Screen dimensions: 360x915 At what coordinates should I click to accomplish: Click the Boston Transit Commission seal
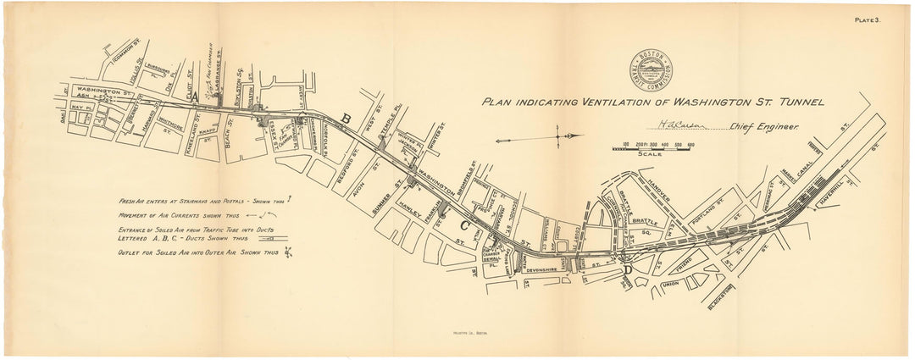pyautogui.click(x=651, y=69)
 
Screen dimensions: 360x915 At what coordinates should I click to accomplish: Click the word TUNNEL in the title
pyautogui.click(x=792, y=102)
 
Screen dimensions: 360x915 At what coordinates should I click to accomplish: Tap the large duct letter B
pyautogui.click(x=345, y=119)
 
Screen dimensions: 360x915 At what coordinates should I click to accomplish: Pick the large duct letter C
pyautogui.click(x=464, y=225)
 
